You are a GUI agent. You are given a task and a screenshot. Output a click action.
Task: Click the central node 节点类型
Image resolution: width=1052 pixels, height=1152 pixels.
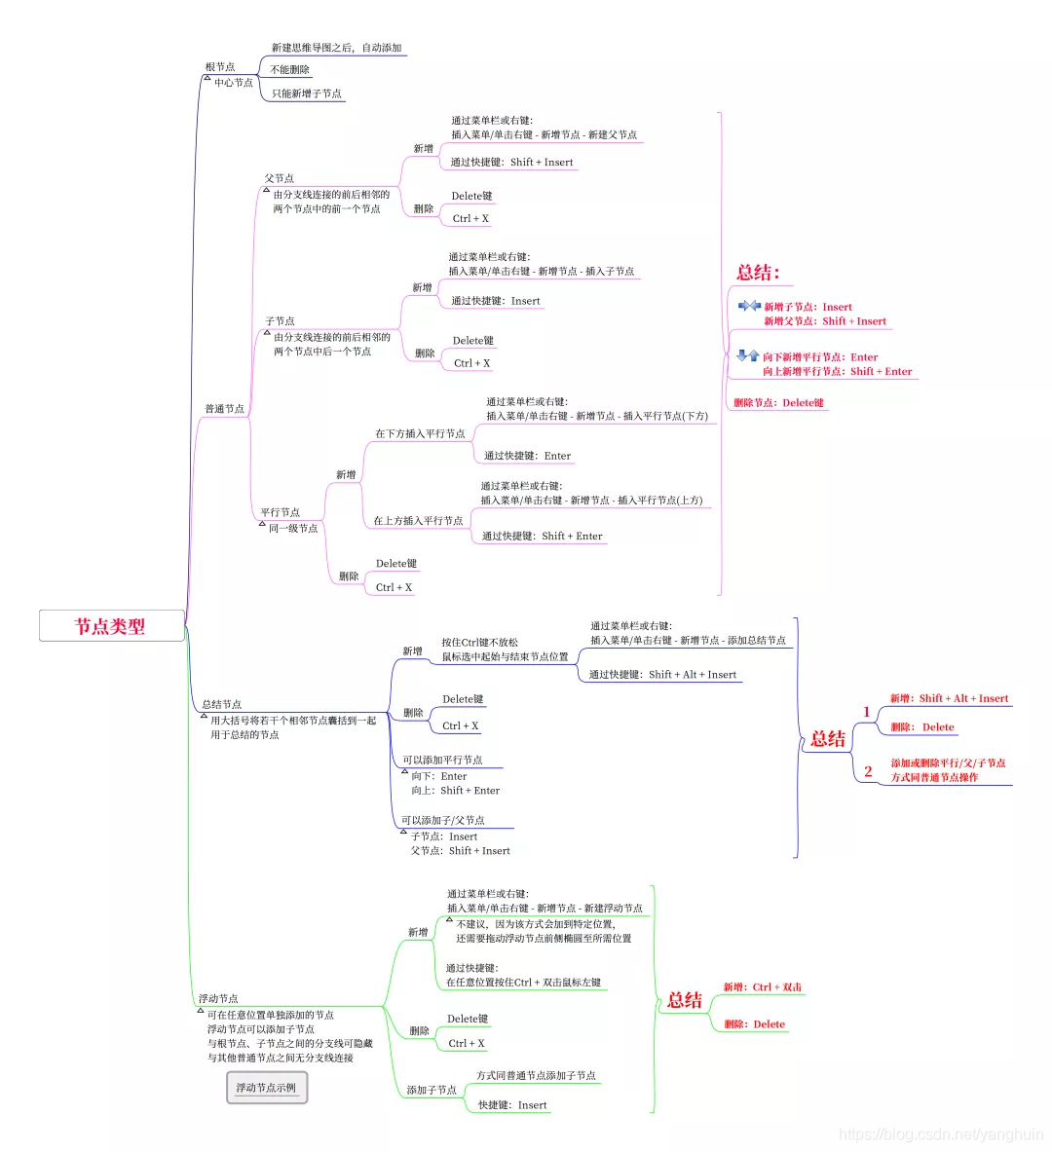[111, 626]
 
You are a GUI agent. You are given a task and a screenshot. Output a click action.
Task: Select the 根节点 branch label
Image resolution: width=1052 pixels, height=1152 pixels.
[220, 67]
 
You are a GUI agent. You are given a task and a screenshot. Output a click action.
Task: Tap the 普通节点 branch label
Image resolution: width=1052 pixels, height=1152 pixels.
[224, 409]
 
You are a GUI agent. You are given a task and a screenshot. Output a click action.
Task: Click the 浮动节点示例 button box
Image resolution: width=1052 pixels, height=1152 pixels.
[266, 1088]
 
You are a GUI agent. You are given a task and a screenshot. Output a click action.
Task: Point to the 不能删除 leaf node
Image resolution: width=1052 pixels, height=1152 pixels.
[289, 70]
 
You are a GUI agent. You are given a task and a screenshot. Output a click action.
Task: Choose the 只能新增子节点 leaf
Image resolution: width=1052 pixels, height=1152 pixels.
[307, 93]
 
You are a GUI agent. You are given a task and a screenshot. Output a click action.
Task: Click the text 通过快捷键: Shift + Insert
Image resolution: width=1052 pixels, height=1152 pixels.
[511, 163]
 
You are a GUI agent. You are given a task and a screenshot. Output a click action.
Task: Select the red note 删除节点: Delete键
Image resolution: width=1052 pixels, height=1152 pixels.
[779, 402]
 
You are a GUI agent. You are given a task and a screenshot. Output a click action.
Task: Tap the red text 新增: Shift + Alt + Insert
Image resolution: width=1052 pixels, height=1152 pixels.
[949, 698]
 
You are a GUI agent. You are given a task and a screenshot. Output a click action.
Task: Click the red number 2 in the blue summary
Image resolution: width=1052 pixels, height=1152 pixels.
[868, 771]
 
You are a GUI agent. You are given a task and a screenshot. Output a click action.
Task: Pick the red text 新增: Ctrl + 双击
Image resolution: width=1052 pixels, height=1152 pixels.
[763, 987]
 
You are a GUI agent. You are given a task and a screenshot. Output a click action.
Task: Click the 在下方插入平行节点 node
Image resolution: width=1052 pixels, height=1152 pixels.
[420, 434]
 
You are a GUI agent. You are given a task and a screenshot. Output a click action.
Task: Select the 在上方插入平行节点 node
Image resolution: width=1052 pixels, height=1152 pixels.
[418, 521]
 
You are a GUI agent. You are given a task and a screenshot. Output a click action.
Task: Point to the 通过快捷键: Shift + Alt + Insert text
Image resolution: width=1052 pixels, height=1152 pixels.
[662, 675]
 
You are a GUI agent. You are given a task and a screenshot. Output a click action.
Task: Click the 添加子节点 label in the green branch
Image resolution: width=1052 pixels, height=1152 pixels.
[432, 1091]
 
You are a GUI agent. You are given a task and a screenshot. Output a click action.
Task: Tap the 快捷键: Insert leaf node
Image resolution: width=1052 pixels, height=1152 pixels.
[512, 1105]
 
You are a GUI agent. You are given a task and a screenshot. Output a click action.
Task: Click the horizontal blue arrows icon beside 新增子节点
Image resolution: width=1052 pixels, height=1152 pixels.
[749, 306]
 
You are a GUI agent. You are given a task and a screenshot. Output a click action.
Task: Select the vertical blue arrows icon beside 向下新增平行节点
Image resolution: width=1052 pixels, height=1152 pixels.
[748, 355]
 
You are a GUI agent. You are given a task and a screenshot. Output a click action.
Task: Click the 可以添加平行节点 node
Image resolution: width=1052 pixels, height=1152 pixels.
[442, 761]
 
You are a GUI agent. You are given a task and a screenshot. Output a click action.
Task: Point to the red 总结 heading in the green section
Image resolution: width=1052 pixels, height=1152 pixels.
[685, 1000]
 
